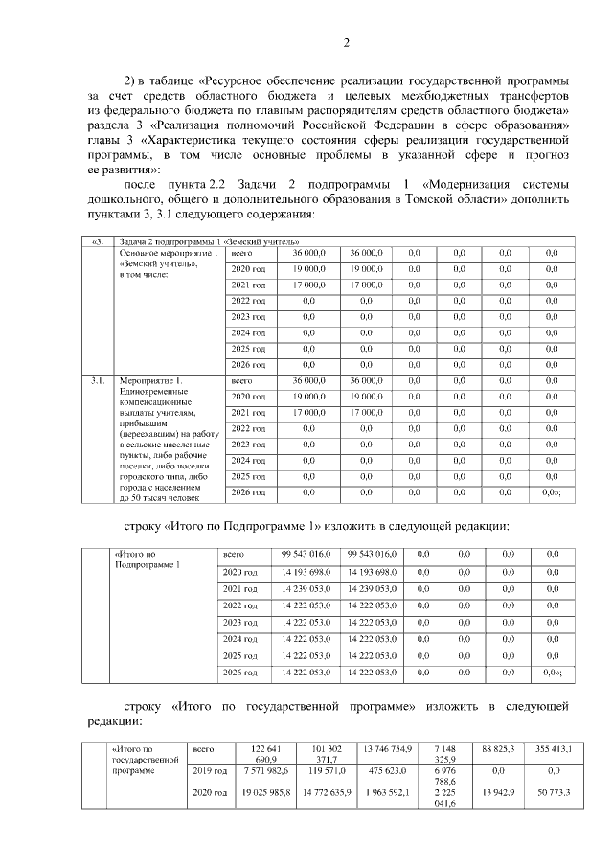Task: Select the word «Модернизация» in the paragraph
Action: click(468, 184)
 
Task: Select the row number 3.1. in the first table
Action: click(98, 380)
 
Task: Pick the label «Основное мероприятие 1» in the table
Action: click(170, 253)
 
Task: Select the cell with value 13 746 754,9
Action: click(388, 747)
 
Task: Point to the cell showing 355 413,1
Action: click(551, 747)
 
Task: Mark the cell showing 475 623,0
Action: click(388, 769)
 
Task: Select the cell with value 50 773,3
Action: click(551, 793)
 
